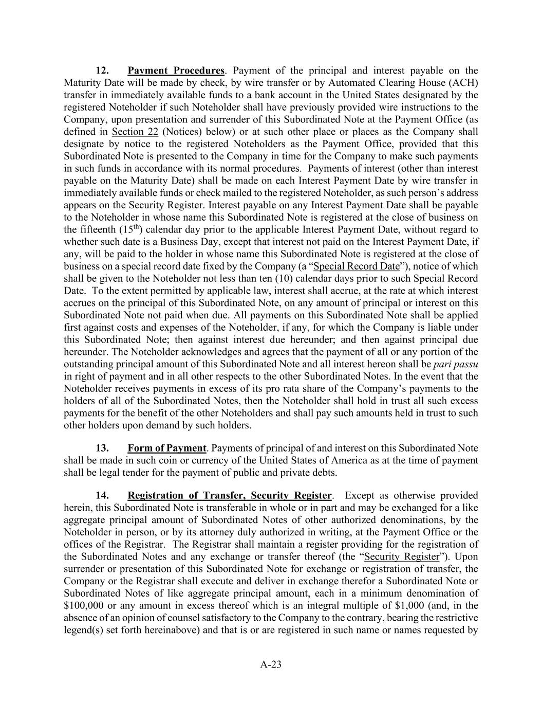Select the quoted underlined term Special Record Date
pos(356,266)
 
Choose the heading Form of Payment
pos(166,448)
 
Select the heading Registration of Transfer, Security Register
pos(229,496)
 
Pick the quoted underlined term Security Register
pos(402,557)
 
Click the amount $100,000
pos(84,606)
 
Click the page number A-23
pos(271,664)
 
